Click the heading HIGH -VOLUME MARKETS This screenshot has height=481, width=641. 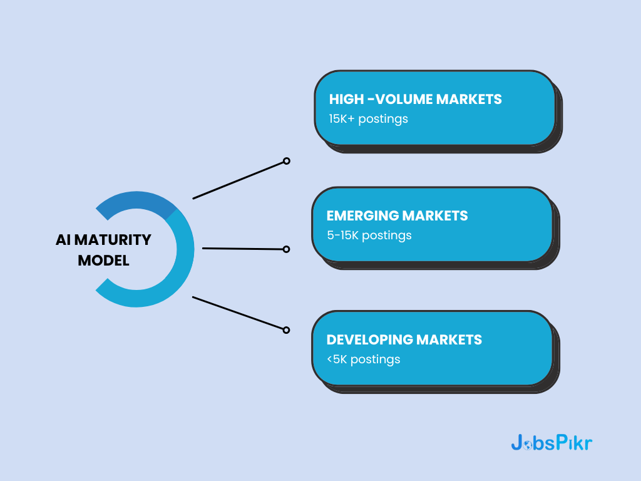click(415, 99)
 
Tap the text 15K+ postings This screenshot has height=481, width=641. click(368, 118)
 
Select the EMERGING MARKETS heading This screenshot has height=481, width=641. click(397, 216)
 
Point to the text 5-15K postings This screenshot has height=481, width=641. click(369, 235)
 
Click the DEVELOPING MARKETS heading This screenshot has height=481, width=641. click(404, 339)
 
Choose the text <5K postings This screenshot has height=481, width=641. click(363, 359)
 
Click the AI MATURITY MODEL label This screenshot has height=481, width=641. click(103, 250)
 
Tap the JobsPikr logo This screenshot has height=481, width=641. click(551, 443)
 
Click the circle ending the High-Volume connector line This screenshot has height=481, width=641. click(286, 161)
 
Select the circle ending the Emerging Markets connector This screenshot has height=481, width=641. click(286, 249)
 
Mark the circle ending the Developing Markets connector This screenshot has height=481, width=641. click(286, 329)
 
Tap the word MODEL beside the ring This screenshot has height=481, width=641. click(103, 261)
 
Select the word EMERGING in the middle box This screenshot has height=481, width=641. click(362, 216)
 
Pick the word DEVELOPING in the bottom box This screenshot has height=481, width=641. click(369, 339)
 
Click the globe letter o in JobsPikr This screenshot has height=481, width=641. click(529, 443)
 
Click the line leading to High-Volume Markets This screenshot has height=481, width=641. click(238, 180)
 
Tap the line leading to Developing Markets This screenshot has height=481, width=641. click(238, 313)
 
